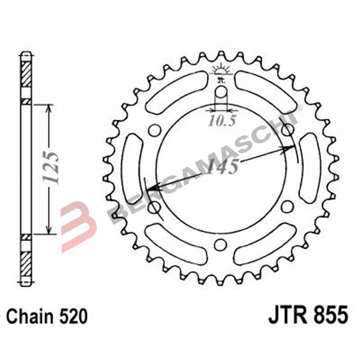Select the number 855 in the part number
tap(330, 315)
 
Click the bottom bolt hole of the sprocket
tap(220, 244)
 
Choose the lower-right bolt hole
tap(286, 207)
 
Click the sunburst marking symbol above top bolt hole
tap(220, 70)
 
